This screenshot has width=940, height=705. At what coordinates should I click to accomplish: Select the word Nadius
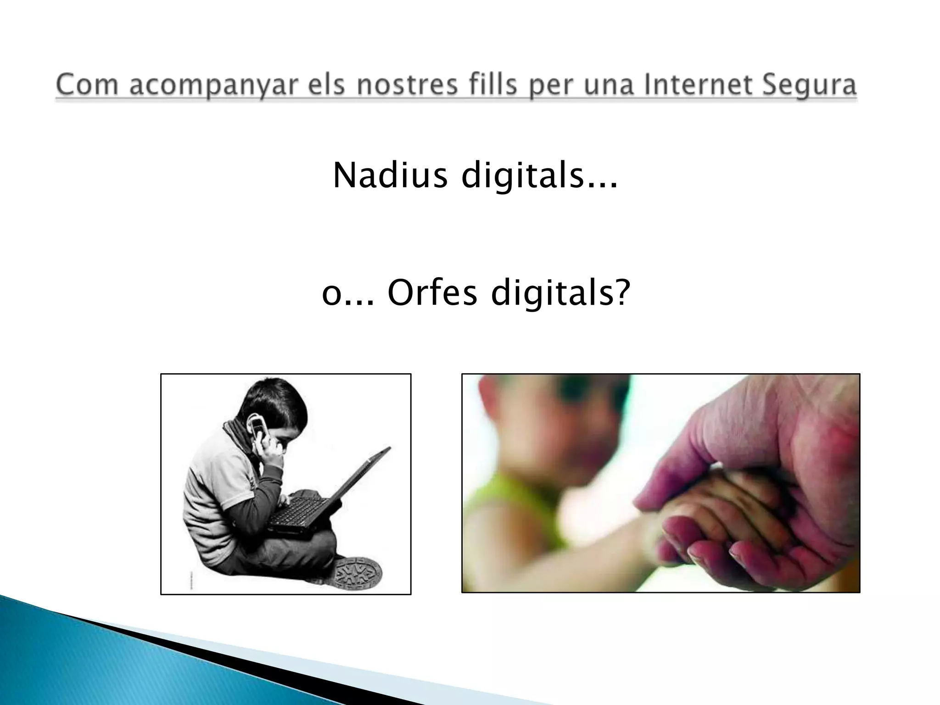pyautogui.click(x=390, y=176)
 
